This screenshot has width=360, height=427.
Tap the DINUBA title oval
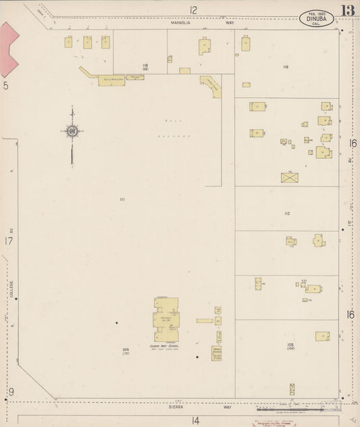(316, 18)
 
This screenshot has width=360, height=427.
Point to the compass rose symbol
(72, 131)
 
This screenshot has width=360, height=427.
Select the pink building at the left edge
(9, 49)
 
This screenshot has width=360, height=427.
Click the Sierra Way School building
(166, 320)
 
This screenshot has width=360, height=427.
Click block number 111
(122, 199)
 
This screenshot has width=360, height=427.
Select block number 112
(286, 214)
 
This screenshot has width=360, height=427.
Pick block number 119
(286, 67)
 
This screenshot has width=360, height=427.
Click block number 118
(145, 65)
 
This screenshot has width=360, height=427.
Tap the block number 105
(290, 345)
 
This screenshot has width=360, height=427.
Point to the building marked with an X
(289, 177)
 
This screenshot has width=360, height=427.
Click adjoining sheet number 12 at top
(193, 9)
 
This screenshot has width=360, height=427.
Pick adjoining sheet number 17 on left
(8, 241)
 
